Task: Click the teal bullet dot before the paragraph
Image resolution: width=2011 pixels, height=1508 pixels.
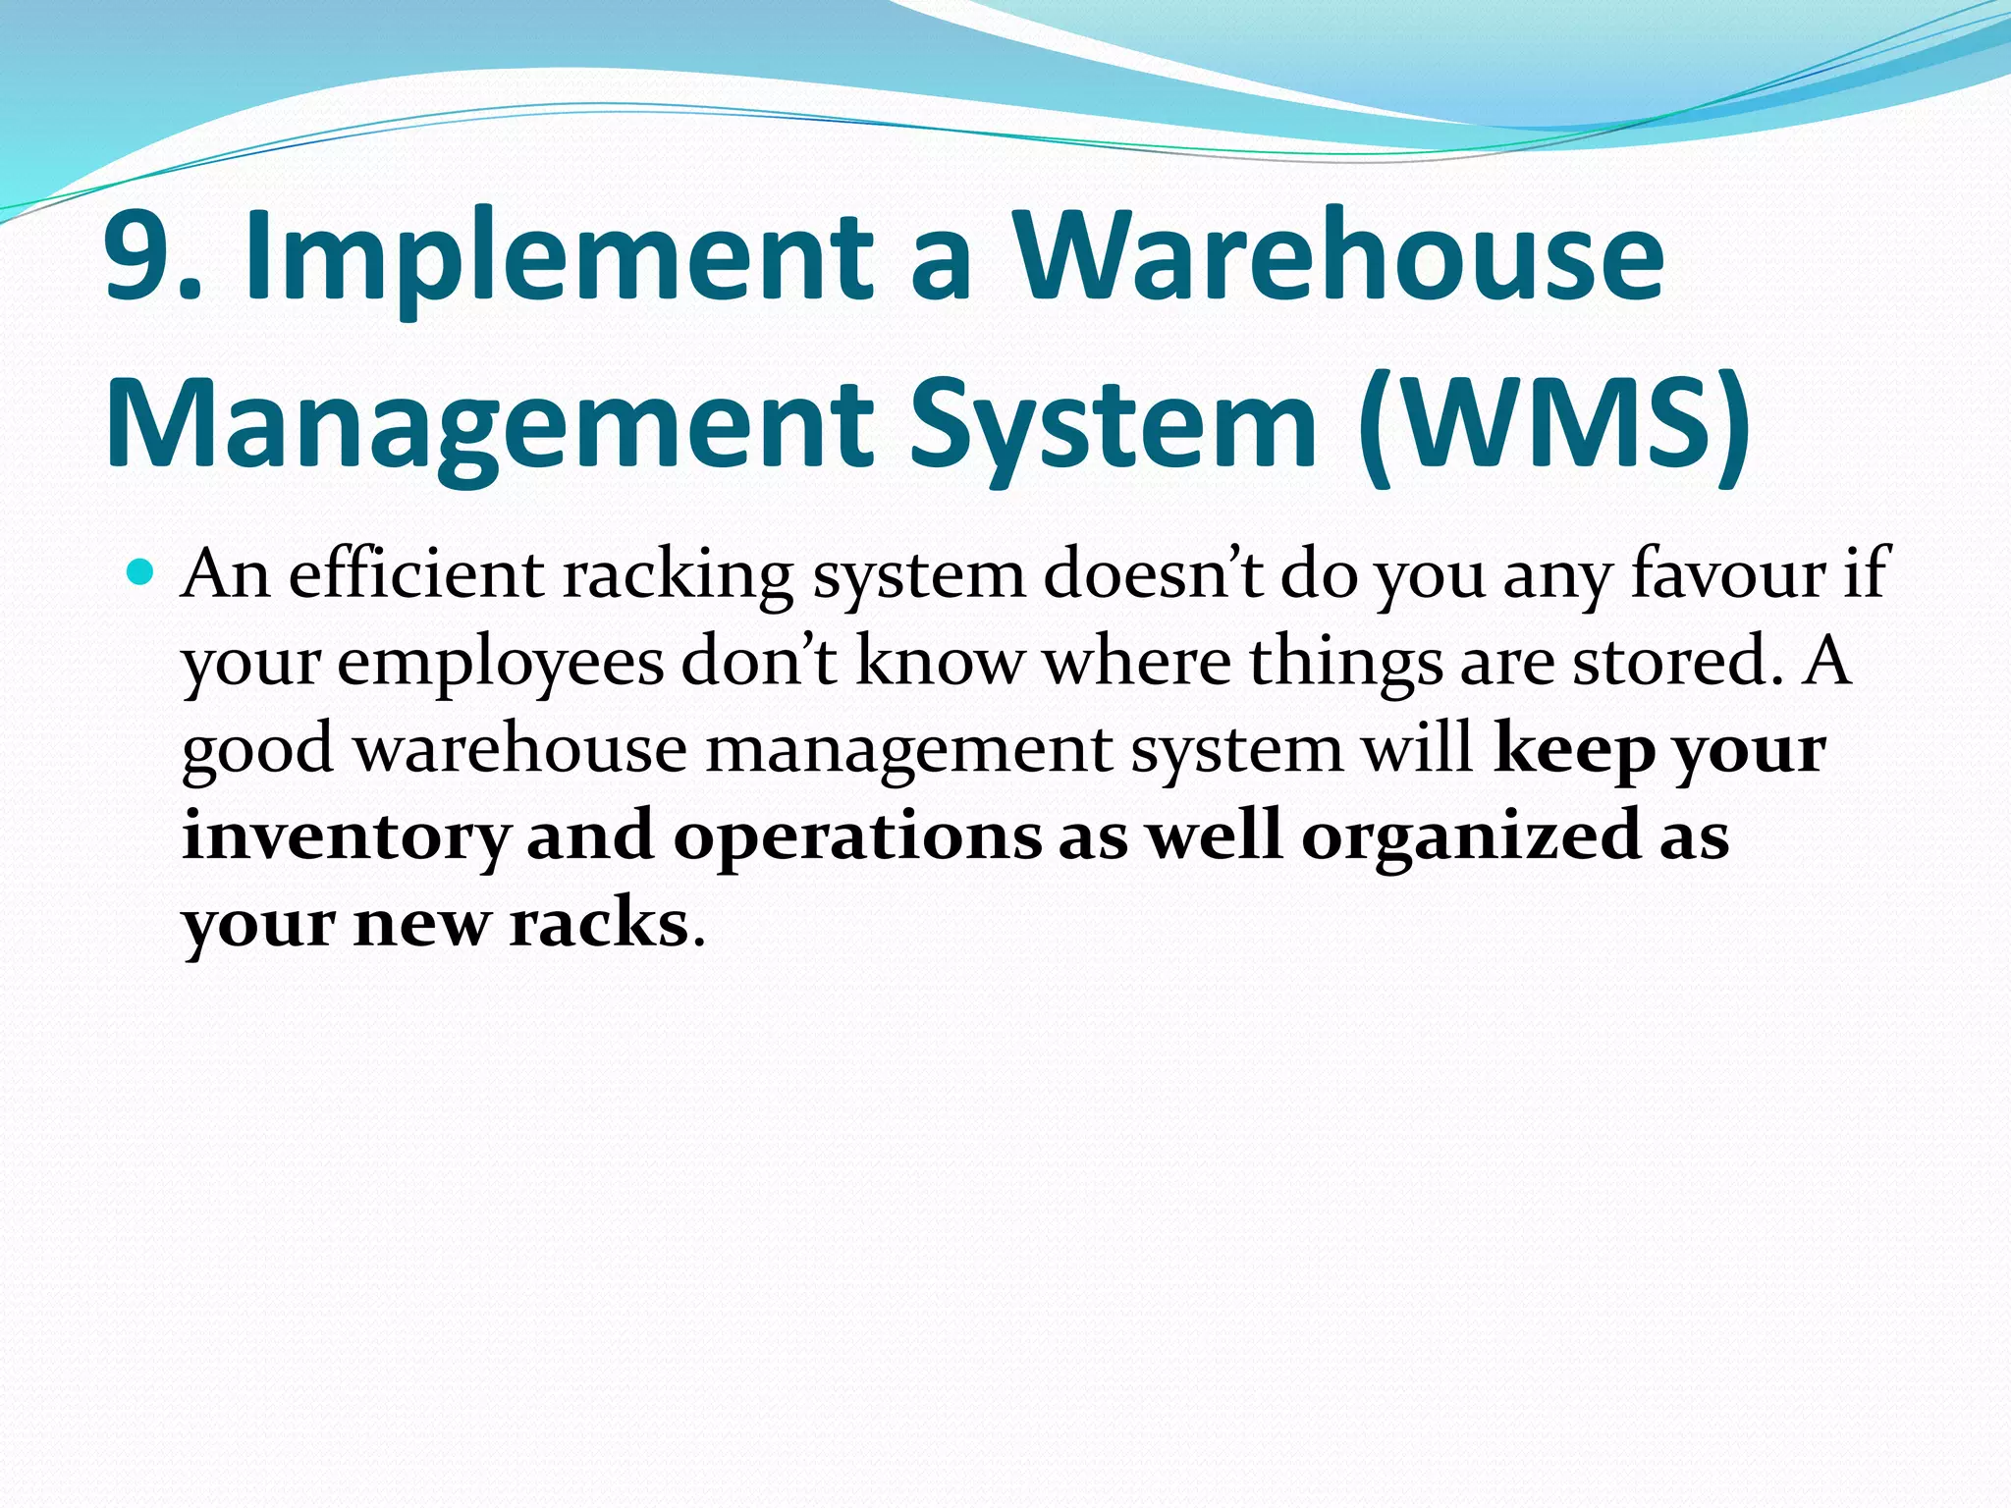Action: point(141,571)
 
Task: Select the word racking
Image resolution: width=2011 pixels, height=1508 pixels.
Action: point(678,575)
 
